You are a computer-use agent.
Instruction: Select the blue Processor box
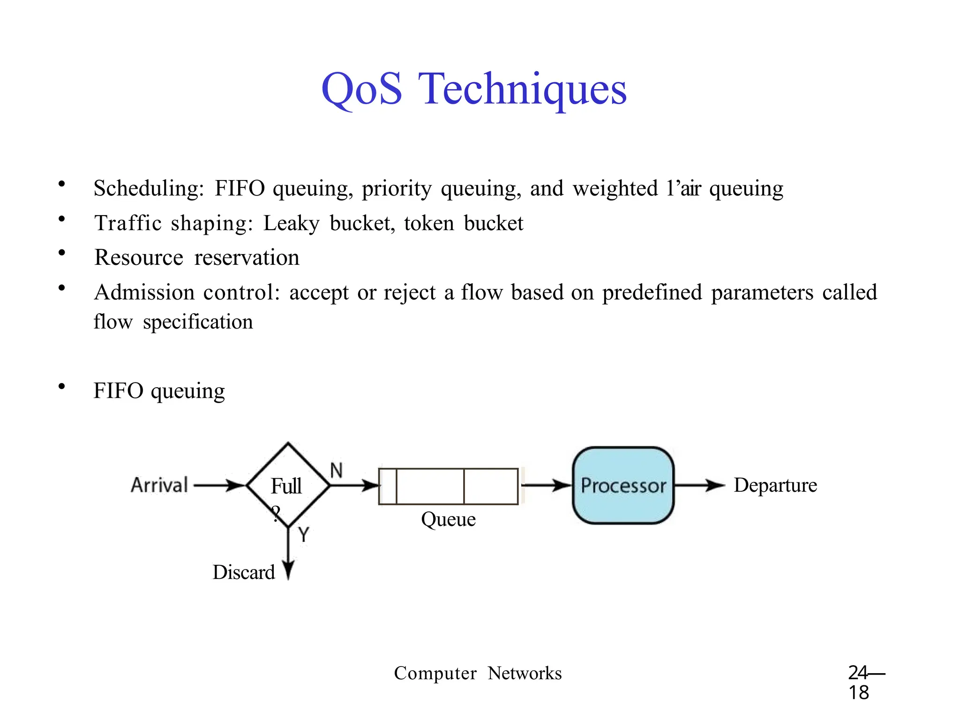point(623,485)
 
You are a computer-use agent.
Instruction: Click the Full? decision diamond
point(288,486)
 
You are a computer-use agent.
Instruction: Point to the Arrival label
point(159,485)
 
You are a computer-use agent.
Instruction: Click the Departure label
point(775,485)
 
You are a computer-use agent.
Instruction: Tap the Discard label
point(244,572)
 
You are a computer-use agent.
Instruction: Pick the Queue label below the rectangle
point(448,519)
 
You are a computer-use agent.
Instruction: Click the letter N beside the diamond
point(336,470)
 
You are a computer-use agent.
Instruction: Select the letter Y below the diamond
point(304,534)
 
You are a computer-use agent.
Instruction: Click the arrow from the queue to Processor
point(546,485)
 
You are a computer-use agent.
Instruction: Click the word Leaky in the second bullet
point(291,224)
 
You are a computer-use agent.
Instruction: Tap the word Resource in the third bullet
point(139,258)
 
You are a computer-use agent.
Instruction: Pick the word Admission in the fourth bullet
point(144,292)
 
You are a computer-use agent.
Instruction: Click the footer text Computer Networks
point(478,673)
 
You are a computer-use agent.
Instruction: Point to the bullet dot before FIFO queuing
point(61,386)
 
